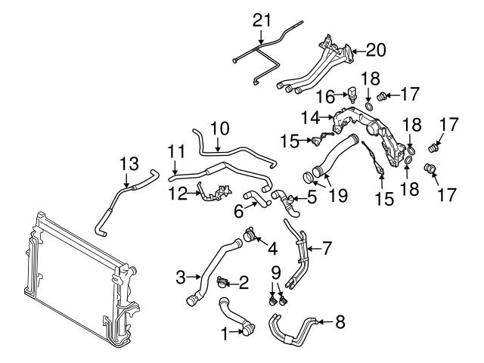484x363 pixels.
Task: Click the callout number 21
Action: pos(260,19)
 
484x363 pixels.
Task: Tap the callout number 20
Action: pos(376,50)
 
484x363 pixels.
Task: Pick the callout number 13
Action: pos(129,163)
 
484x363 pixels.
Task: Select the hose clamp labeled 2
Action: pos(222,284)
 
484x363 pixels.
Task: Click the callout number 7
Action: pos(327,247)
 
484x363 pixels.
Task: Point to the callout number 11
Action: pos(176,151)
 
